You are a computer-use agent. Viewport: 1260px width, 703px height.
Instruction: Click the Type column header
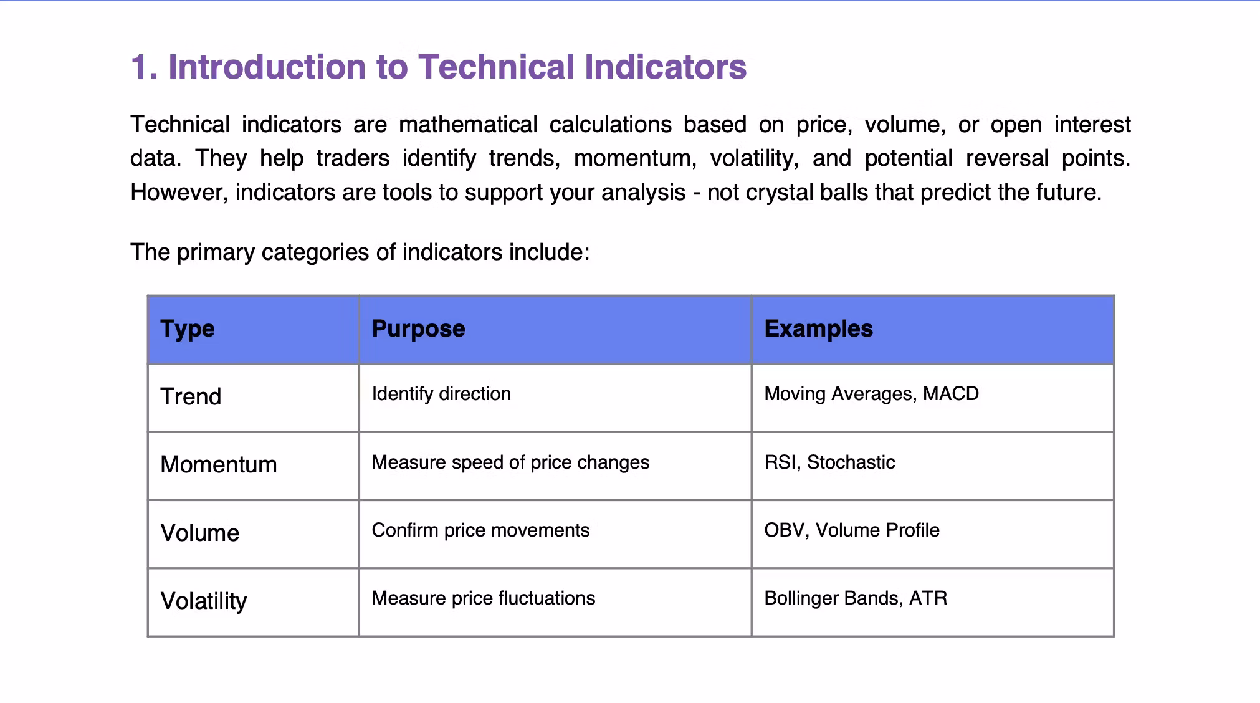[188, 329]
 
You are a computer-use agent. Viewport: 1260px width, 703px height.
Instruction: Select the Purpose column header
[418, 328]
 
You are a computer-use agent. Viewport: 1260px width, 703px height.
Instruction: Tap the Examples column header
[819, 328]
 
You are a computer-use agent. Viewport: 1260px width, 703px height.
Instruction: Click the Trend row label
[191, 396]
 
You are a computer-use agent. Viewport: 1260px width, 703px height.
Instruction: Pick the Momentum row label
[219, 464]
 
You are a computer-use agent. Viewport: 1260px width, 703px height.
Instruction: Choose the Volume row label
[200, 533]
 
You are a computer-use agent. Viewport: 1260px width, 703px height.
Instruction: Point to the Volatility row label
[204, 601]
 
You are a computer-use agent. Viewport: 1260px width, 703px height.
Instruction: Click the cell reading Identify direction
[441, 394]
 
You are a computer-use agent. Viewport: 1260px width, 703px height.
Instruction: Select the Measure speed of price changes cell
[510, 462]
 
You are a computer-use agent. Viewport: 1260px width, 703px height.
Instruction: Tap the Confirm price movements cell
[480, 530]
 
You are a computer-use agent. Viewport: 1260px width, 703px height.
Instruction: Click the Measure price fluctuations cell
[484, 598]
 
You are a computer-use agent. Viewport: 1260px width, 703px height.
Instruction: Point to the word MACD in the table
[951, 394]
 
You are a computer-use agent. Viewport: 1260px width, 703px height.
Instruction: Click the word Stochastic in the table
[851, 462]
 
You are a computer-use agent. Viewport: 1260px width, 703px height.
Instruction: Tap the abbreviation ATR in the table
[928, 598]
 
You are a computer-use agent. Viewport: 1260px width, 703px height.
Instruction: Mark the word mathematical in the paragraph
[468, 125]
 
